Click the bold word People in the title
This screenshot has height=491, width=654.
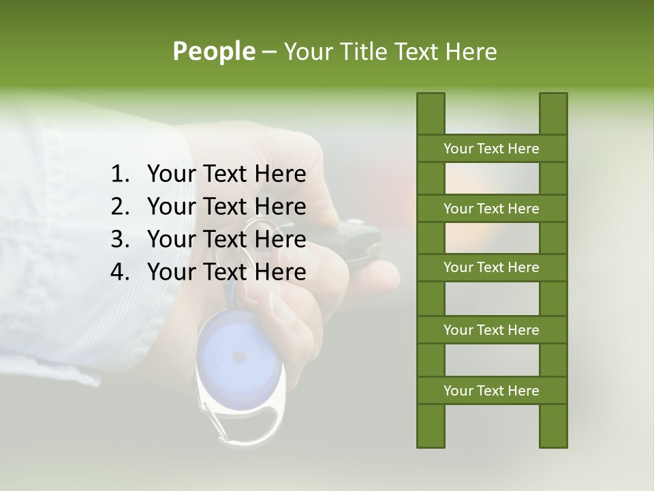tap(214, 51)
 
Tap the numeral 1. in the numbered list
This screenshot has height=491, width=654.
tap(119, 175)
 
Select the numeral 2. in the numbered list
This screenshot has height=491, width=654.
tap(119, 207)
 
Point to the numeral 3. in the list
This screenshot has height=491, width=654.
tap(119, 239)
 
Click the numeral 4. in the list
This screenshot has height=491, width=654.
tap(119, 272)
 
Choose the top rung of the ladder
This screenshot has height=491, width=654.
tap(491, 149)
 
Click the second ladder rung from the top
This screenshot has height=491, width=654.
tap(491, 209)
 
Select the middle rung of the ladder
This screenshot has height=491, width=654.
tap(491, 267)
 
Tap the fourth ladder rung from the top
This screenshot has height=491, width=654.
tap(491, 330)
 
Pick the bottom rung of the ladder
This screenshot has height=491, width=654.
tap(491, 391)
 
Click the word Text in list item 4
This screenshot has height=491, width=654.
tap(225, 272)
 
